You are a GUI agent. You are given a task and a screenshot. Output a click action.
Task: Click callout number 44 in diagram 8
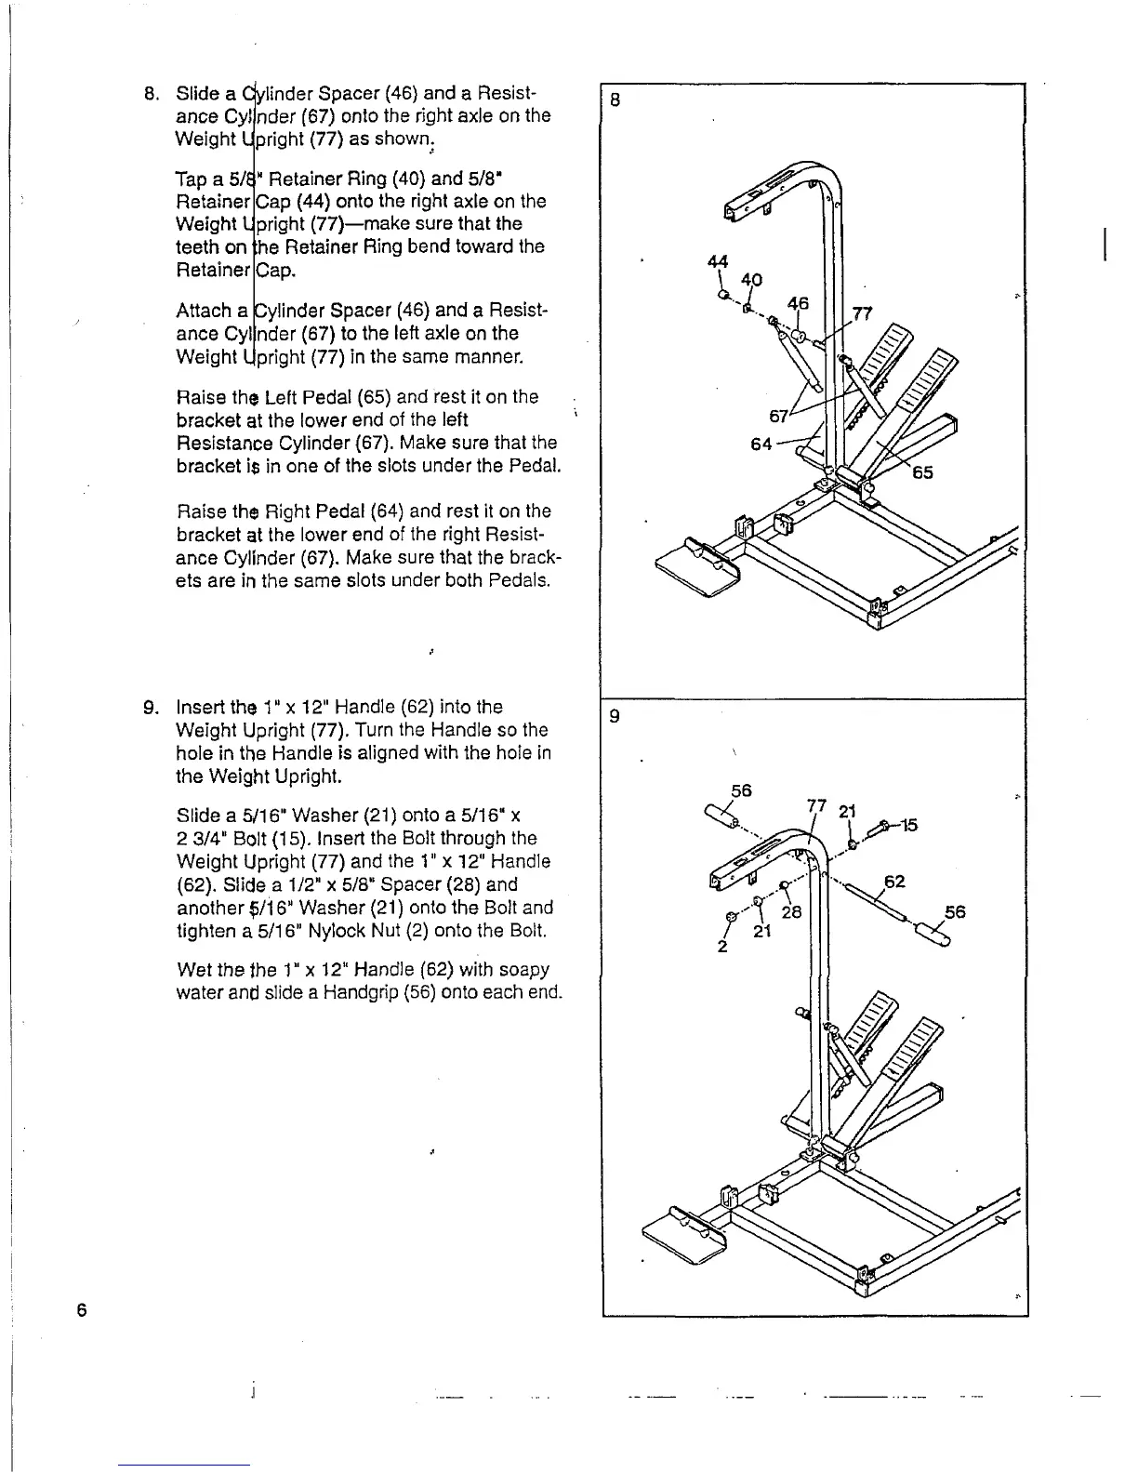click(717, 261)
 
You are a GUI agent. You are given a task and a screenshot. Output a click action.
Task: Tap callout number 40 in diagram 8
click(751, 280)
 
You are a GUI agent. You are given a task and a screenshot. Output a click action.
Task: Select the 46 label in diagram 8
click(798, 303)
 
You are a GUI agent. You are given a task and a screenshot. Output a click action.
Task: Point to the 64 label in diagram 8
click(761, 444)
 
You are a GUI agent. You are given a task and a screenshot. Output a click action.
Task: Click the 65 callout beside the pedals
click(922, 472)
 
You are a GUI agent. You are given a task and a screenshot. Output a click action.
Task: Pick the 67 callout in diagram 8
click(779, 415)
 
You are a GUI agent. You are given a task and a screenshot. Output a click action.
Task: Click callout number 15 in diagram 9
click(909, 824)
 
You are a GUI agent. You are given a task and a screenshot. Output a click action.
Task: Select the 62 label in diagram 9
click(894, 881)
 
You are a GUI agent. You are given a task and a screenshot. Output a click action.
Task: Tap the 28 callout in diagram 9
click(791, 912)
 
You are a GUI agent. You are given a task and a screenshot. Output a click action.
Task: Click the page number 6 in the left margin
click(82, 1310)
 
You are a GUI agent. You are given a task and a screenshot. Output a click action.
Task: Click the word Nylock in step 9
click(348, 930)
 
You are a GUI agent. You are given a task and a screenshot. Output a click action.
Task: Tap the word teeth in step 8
click(198, 246)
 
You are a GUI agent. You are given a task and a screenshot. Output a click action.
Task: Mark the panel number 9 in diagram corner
click(614, 717)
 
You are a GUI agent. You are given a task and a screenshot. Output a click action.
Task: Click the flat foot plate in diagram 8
click(695, 569)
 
